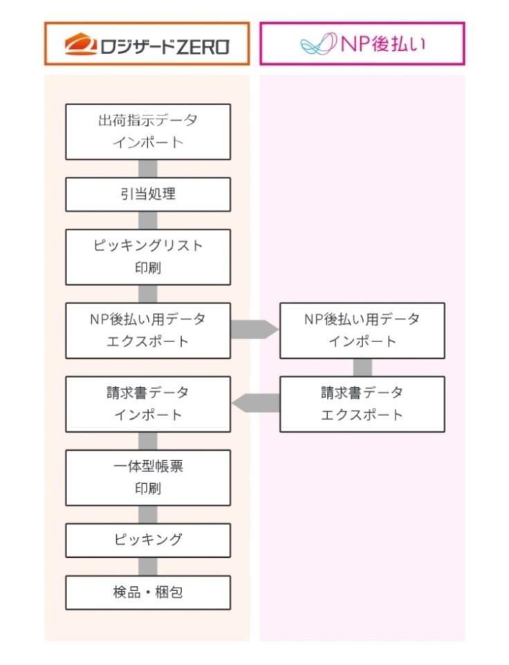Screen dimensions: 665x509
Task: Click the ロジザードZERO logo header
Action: [147, 44]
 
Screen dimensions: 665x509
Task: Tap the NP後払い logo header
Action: [362, 44]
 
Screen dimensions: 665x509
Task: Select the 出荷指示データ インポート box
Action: [148, 131]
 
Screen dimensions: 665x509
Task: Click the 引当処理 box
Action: [148, 194]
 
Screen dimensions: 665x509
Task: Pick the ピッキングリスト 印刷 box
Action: [148, 257]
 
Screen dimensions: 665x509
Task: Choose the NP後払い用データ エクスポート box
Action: [148, 330]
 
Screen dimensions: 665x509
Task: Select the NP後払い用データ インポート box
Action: [362, 330]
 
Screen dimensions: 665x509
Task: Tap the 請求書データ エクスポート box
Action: [362, 404]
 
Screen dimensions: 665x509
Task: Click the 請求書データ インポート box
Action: [148, 404]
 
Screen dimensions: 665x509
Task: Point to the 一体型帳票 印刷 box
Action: [148, 478]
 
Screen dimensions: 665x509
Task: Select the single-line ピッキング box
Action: [148, 540]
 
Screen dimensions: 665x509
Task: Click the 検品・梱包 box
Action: [148, 592]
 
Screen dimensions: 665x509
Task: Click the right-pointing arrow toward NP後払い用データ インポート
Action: [254, 330]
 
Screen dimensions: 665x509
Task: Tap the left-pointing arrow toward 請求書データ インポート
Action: [256, 403]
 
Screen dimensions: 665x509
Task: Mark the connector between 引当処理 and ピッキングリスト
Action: [148, 221]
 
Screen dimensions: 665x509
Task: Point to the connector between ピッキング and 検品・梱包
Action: [148, 567]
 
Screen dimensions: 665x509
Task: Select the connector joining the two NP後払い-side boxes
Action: [362, 367]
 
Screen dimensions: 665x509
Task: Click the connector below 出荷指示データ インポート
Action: [148, 169]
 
